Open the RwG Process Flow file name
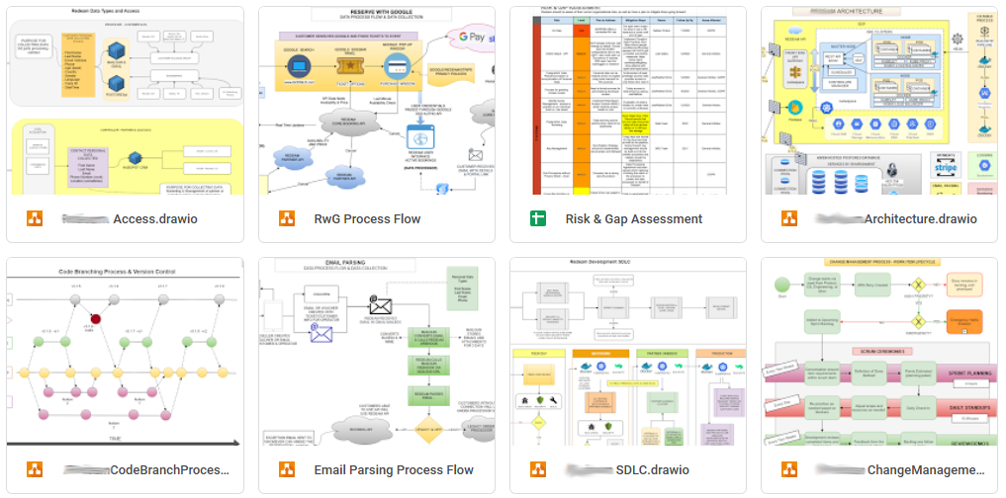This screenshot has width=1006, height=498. (x=367, y=219)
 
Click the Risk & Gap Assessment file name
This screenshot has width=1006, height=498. (x=633, y=219)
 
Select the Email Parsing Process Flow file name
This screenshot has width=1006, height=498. (x=394, y=469)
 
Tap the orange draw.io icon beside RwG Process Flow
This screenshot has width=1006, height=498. (x=287, y=219)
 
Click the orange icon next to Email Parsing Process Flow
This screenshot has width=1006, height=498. (x=287, y=469)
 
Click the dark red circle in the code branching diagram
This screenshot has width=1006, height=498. (x=97, y=319)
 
